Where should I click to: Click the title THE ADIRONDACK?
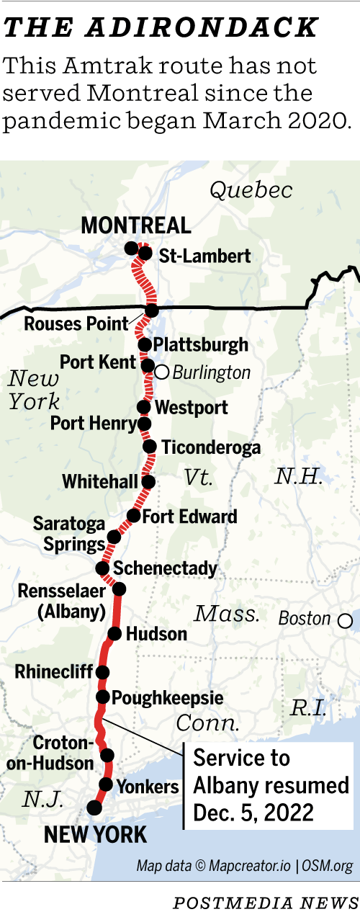161,28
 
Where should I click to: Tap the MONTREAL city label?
136,225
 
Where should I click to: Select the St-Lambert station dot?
145,253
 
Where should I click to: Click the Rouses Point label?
76,323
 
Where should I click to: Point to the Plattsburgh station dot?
145,344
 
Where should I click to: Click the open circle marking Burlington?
162,372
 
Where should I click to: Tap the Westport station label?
192,408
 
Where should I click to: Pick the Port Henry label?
93,424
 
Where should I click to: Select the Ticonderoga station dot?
150,447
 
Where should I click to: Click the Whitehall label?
99,481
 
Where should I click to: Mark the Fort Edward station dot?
133,516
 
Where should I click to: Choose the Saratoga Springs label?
69,533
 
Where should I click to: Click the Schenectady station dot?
103,568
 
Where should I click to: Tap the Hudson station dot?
114,634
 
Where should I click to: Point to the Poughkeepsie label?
168,697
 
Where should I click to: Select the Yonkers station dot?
106,784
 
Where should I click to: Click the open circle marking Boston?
346,620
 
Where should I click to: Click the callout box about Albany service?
269,784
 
